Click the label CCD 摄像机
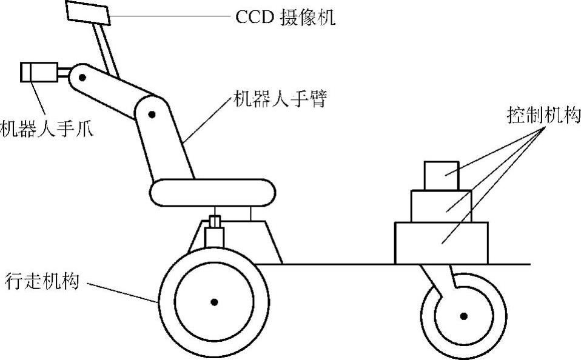tap(285, 16)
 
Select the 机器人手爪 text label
tap(47, 129)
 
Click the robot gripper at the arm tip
tap(38, 72)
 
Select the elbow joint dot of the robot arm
tap(152, 113)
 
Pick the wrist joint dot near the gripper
tap(82, 78)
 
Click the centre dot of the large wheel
tap(213, 301)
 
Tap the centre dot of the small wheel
tap(463, 315)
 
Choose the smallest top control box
tap(442, 176)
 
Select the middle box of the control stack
tap(441, 206)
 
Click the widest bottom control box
tap(441, 242)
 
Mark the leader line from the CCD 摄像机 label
tap(170, 17)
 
